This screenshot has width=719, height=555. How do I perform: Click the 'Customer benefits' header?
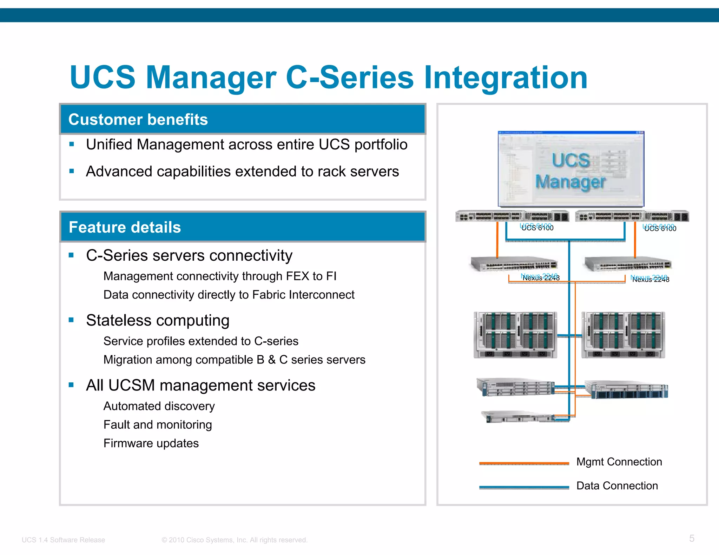138,120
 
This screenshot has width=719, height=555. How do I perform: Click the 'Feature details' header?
125,227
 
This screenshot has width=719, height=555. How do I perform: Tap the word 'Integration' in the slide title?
506,78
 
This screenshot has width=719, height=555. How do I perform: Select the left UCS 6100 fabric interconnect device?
512,216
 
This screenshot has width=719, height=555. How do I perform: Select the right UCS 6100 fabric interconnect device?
632,216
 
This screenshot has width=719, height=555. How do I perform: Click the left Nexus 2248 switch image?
514,264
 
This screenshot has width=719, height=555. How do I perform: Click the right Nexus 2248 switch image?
628,264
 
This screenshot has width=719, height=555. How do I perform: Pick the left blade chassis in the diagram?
515,335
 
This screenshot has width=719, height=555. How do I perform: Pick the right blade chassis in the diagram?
623,335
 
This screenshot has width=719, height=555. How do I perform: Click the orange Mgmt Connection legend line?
524,463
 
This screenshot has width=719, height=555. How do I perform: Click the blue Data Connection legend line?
524,487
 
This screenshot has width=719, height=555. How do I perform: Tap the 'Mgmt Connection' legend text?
619,462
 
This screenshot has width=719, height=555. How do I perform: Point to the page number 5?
692,538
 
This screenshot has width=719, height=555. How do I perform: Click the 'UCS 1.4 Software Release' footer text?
63,540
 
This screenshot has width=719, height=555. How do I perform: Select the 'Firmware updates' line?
151,443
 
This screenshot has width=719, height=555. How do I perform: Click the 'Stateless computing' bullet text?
158,320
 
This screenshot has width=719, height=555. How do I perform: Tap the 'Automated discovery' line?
159,406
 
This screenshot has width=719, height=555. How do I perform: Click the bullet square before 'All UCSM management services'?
71,385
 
